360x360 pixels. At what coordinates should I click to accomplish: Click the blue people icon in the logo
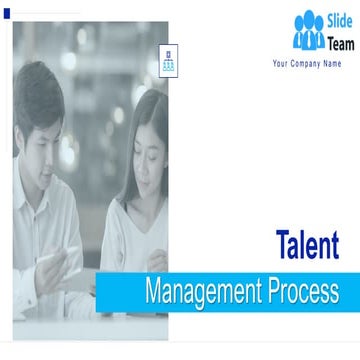coord(309,31)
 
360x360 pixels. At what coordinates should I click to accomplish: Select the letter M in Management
coord(153,292)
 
